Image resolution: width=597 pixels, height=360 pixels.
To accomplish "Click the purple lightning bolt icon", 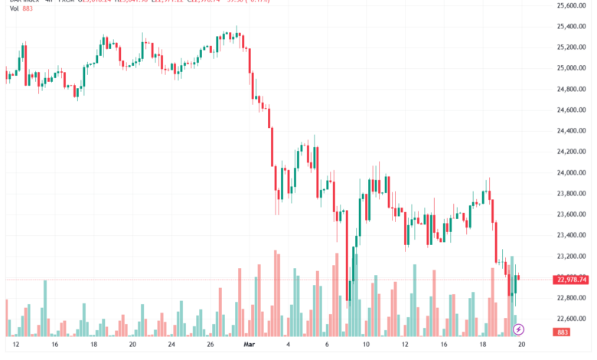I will (519, 329).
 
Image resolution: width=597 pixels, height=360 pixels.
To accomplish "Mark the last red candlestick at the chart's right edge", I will (520, 277).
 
